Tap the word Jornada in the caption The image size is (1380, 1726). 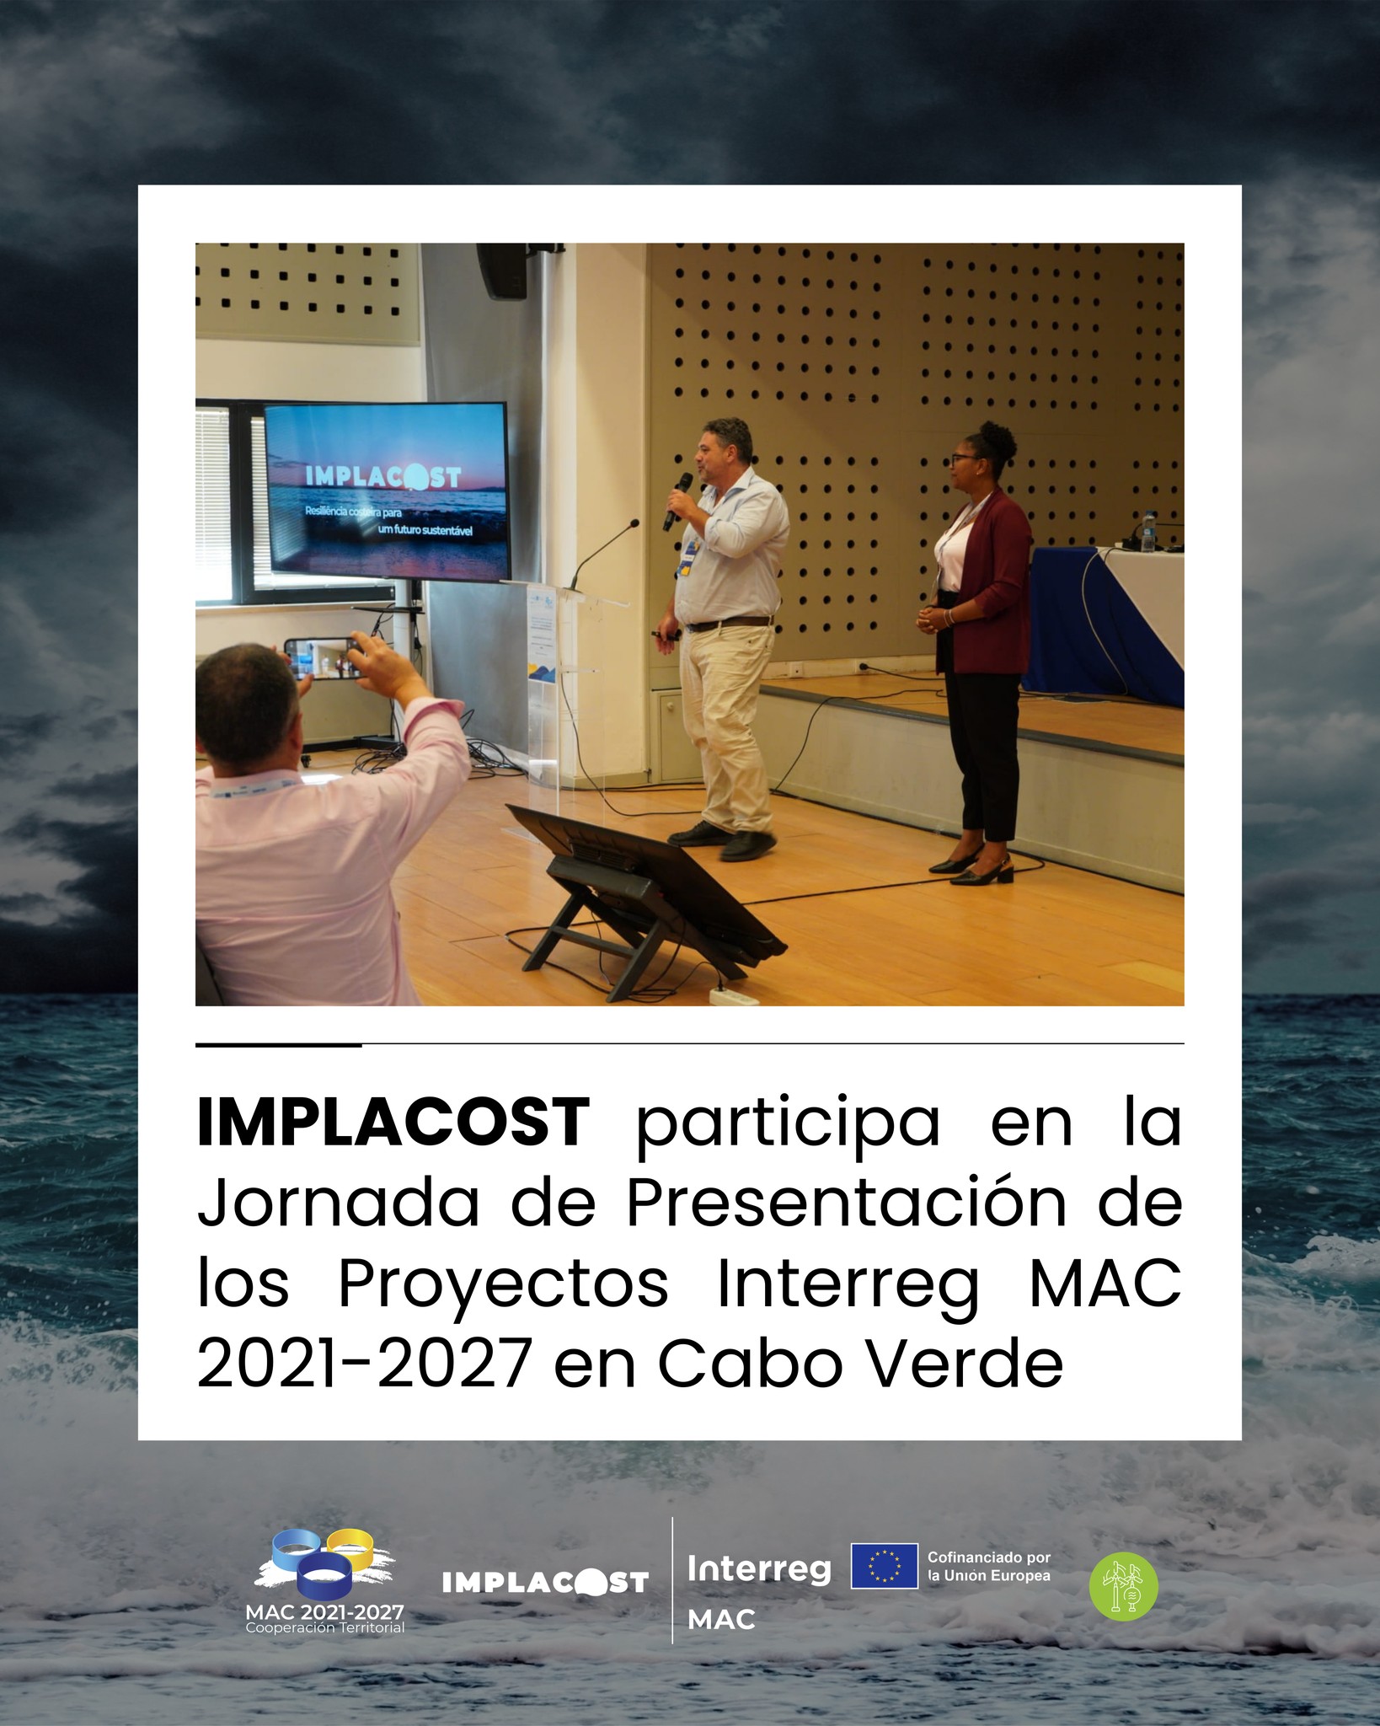point(338,1210)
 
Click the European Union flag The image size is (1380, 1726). point(884,1566)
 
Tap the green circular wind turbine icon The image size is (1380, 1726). point(1124,1586)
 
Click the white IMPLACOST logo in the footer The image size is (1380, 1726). point(545,1582)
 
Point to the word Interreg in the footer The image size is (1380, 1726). point(759,1569)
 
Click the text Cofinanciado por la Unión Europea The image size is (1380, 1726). point(989,1566)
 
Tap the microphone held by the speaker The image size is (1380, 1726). point(677,501)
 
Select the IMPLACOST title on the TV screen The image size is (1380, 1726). point(383,477)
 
